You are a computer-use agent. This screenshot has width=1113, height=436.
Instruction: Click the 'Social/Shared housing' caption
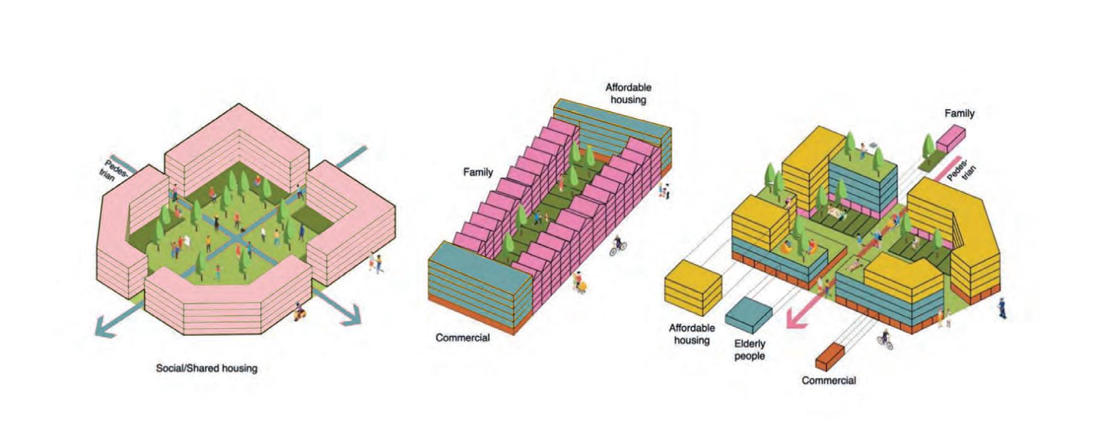206,368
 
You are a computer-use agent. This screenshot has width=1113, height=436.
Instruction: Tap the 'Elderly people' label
749,350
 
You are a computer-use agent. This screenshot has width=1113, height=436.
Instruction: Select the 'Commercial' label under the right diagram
828,381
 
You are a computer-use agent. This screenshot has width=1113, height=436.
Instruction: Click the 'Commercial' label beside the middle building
462,338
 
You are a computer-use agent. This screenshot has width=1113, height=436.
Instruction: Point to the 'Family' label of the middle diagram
478,171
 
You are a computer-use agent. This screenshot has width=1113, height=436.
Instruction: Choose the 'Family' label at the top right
959,113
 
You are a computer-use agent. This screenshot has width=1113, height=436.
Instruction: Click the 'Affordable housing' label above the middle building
628,93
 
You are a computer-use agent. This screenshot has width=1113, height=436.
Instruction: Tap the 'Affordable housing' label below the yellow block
692,334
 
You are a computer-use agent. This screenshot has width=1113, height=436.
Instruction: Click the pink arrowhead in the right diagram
796,318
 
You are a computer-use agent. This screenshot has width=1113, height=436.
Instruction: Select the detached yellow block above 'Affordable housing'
693,289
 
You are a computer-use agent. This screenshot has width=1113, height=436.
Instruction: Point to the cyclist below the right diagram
885,340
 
